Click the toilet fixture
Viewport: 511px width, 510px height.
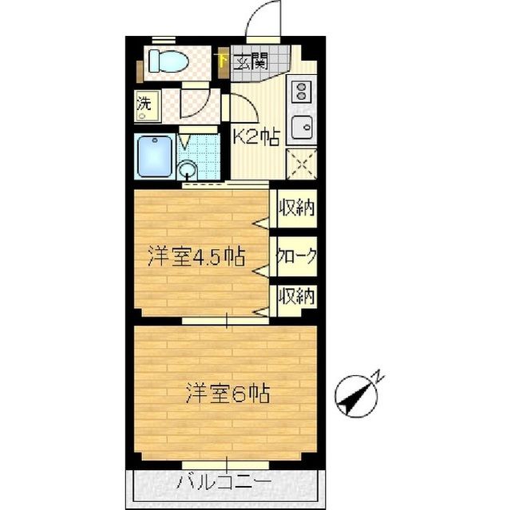click(x=168, y=61)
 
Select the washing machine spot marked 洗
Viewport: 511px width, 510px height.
click(x=144, y=103)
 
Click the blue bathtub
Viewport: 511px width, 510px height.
click(x=155, y=156)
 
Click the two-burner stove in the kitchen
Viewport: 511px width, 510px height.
click(x=302, y=91)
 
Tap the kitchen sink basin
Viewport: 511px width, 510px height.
click(x=302, y=127)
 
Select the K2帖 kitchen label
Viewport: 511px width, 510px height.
click(x=256, y=137)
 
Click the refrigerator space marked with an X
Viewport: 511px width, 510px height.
click(x=302, y=164)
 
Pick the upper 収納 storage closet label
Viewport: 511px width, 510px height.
click(x=296, y=208)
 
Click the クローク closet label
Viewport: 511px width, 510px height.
click(x=296, y=256)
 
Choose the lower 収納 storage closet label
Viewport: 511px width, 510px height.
click(x=296, y=296)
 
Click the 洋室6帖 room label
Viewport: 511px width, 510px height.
click(x=228, y=393)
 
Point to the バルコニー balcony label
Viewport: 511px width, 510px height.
click(x=224, y=483)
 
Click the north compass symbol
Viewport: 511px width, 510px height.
click(x=357, y=396)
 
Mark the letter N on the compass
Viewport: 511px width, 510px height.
click(x=378, y=375)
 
